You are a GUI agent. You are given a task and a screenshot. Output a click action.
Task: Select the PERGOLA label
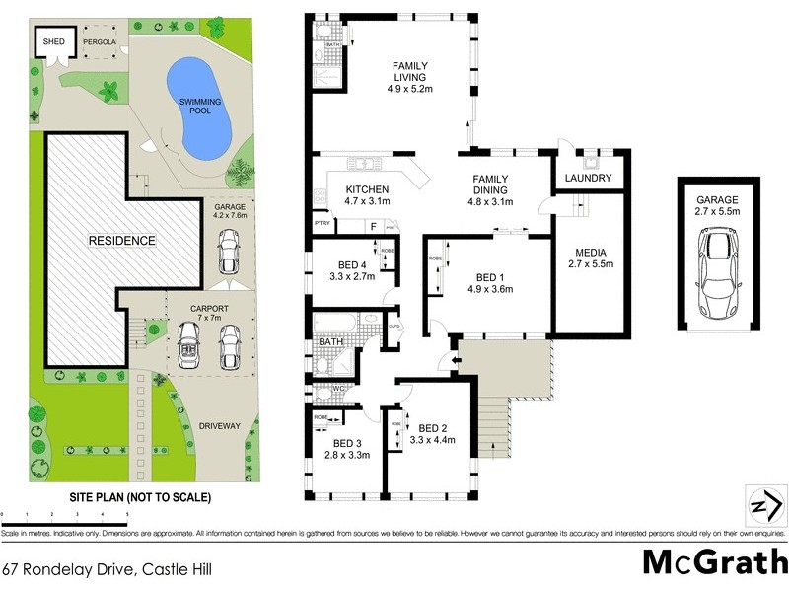click(x=100, y=42)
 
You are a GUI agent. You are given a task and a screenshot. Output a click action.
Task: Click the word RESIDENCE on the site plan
click(x=121, y=240)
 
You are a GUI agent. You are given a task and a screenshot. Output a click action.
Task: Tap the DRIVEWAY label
click(x=219, y=426)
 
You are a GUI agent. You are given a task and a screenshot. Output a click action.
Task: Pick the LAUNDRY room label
click(x=589, y=179)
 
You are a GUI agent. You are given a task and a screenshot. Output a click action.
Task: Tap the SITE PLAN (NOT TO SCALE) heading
click(x=139, y=497)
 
